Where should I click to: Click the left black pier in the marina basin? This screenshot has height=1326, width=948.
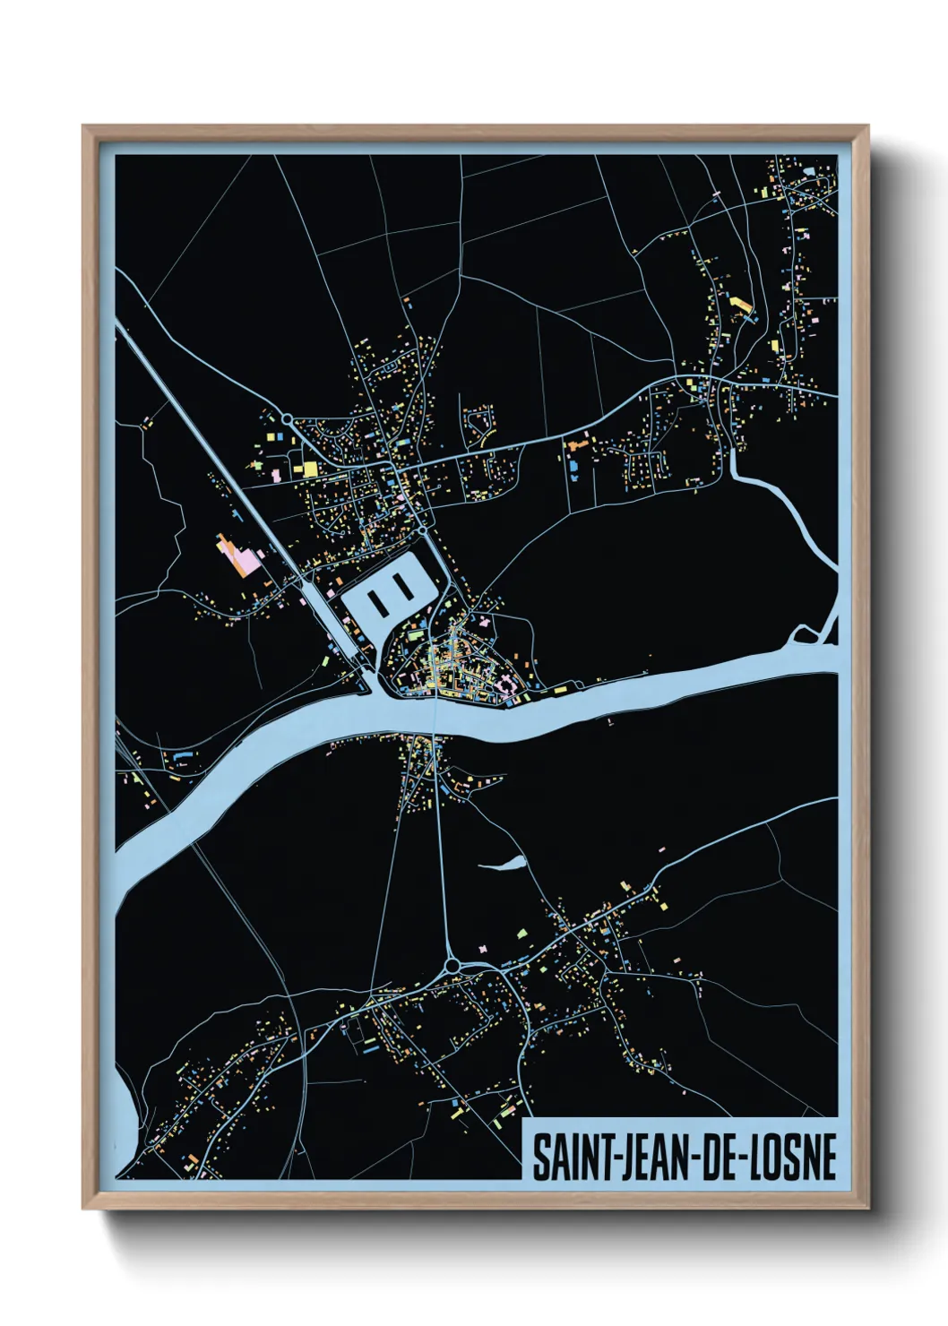pos(380,591)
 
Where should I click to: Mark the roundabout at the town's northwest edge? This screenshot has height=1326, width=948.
pos(286,418)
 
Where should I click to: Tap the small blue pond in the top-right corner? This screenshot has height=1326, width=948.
pos(809,169)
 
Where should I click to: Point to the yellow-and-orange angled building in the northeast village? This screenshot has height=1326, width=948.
pos(742,307)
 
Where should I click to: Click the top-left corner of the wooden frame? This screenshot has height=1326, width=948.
pos(83,126)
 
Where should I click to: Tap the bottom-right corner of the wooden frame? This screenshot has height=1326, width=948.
pos(867,1208)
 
